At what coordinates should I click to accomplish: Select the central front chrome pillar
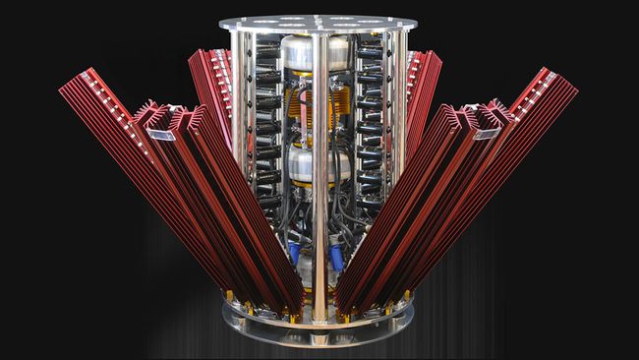point(320,177)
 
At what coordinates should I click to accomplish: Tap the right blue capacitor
point(338,258)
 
